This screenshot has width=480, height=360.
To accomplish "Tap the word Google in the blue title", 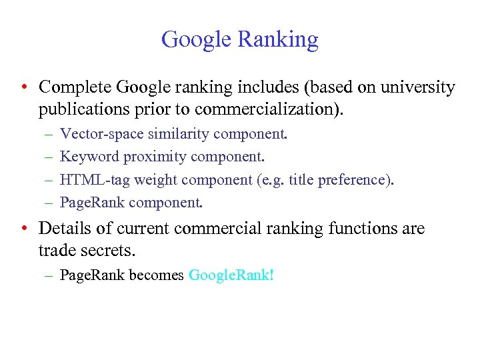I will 197,40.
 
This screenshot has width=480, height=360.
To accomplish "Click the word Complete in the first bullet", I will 75,87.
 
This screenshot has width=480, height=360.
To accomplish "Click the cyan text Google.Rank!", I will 231,275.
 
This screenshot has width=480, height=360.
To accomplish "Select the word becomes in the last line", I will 160,275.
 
